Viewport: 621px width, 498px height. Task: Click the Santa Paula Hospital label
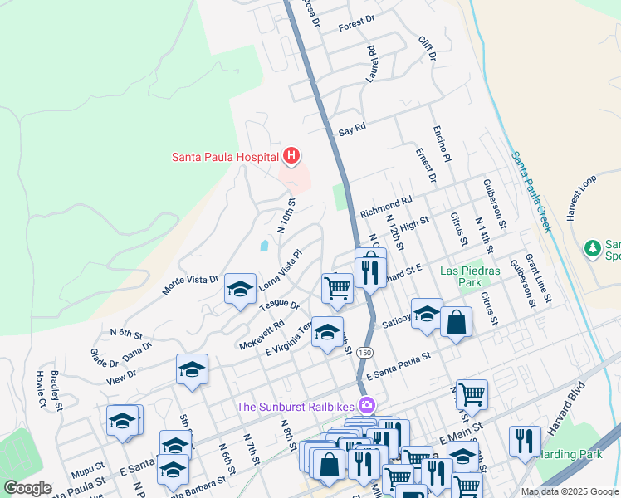(225, 155)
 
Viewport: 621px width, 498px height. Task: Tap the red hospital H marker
(291, 155)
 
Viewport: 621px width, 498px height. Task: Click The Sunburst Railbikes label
(296, 406)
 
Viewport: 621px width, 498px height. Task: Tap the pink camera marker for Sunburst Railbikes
(366, 406)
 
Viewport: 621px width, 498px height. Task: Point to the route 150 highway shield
(364, 353)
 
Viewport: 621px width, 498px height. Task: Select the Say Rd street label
(352, 132)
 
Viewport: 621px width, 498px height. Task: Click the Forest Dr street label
(357, 27)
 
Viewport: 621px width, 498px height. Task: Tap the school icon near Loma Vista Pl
(240, 290)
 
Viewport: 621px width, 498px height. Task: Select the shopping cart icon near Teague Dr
(337, 288)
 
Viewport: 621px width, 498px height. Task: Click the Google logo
(27, 488)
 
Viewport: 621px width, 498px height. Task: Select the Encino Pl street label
(441, 144)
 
